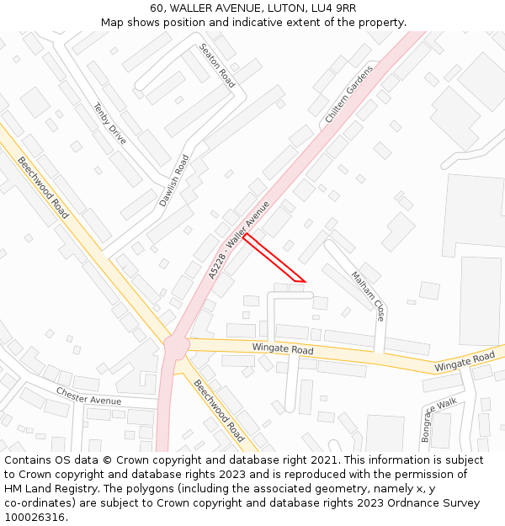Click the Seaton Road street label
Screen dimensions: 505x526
217,66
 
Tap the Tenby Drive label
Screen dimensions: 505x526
109,124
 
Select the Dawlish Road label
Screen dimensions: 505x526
174,180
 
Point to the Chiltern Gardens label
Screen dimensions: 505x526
348,94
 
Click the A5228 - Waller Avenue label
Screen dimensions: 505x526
239,240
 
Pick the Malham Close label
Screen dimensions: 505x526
368,296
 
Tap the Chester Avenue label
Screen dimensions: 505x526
88,396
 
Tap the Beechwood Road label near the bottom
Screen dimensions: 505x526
219,410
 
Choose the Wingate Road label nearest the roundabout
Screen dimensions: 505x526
283,349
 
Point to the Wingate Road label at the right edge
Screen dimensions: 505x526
464,363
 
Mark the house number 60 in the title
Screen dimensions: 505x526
157,8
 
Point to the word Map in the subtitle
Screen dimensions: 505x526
112,22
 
